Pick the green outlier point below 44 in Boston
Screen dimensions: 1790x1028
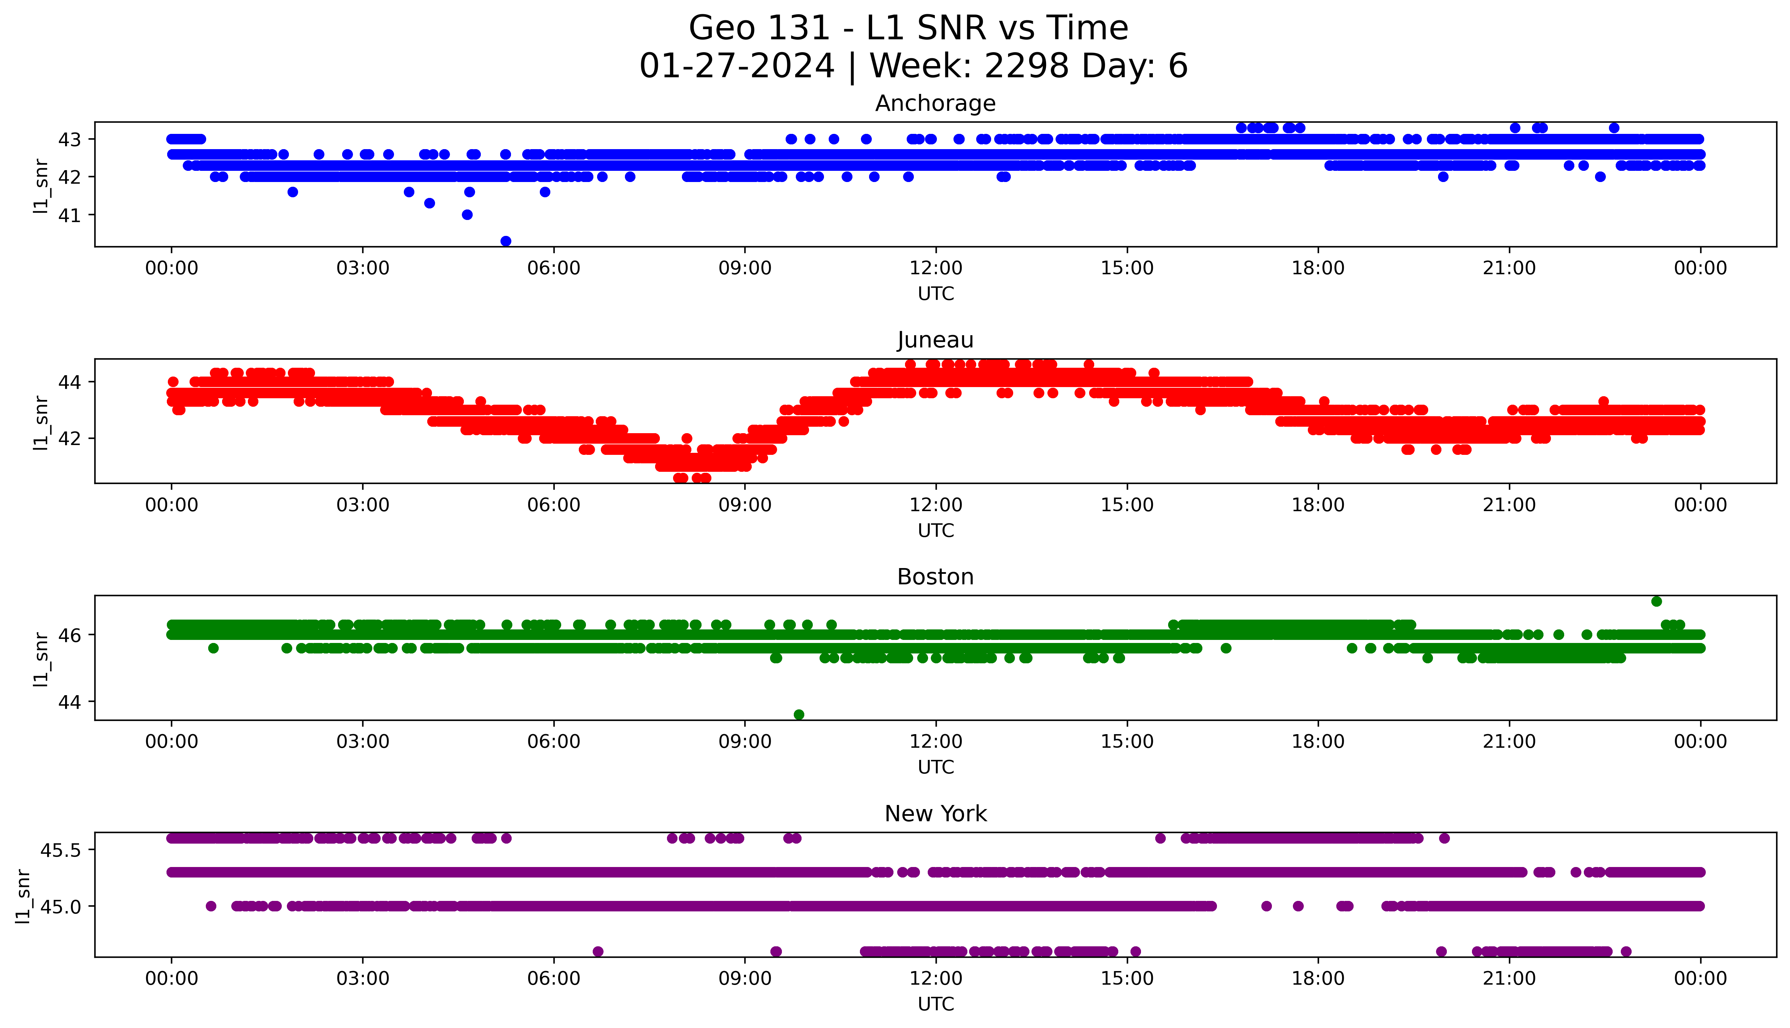pos(799,714)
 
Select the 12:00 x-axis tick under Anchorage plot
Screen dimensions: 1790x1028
pos(936,268)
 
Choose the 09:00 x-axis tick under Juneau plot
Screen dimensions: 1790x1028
pos(745,505)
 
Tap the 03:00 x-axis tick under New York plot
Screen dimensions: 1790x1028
pos(363,979)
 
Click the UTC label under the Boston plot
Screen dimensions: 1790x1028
pos(936,767)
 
